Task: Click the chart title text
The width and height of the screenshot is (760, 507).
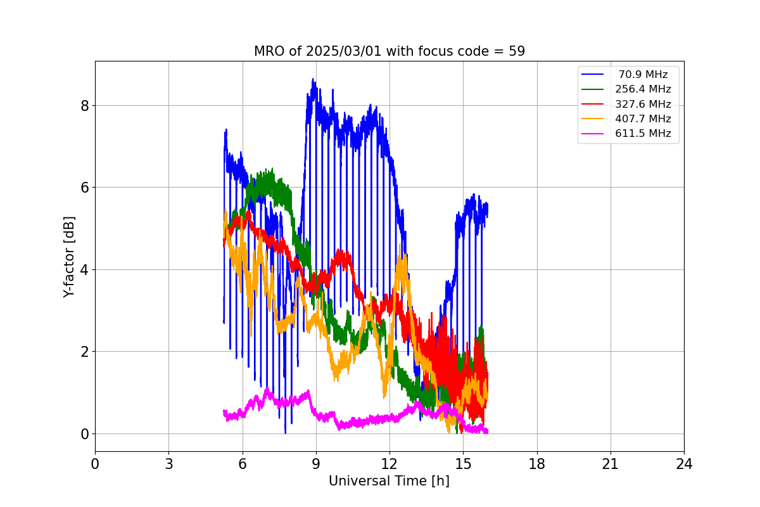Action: point(389,51)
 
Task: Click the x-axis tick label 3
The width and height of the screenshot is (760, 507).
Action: point(168,464)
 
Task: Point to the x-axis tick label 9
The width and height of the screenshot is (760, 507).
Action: point(316,464)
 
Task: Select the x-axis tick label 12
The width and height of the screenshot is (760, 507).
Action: point(389,464)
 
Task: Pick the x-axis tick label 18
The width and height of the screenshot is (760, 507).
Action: point(536,464)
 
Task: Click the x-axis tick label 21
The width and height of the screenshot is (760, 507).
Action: point(610,464)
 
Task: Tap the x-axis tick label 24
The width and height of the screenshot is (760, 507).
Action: point(684,464)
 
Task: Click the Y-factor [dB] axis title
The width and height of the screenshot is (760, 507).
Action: point(69,257)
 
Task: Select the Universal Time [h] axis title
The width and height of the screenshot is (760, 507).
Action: point(389,481)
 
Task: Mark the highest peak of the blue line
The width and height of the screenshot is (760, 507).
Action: point(313,79)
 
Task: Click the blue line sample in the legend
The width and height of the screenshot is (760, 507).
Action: point(593,75)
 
